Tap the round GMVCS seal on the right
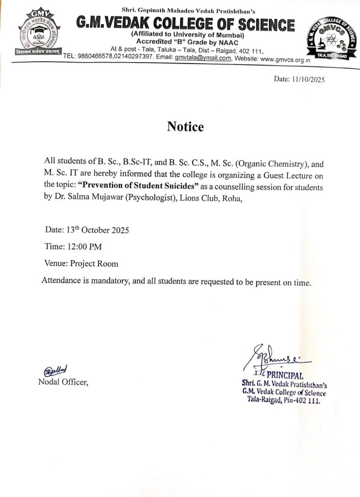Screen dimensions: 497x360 pyautogui.click(x=329, y=37)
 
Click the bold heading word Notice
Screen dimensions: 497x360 pyautogui.click(x=185, y=127)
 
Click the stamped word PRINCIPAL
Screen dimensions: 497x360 pyautogui.click(x=285, y=375)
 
